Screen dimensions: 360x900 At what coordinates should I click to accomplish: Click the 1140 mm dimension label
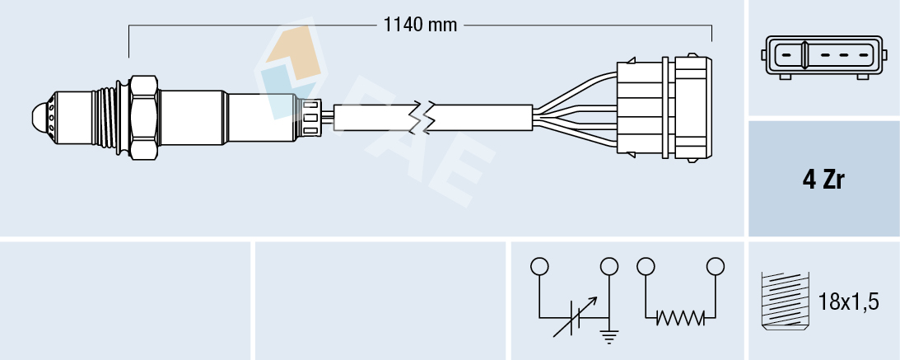(x=420, y=25)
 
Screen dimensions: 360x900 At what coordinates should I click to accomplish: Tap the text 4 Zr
(x=823, y=180)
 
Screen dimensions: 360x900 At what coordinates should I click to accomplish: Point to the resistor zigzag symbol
(x=680, y=317)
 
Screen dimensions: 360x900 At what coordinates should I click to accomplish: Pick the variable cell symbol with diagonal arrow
(x=571, y=318)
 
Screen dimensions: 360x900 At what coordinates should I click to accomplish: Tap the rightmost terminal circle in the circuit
(x=716, y=266)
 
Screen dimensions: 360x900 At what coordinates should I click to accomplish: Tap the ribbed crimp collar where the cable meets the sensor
(x=310, y=117)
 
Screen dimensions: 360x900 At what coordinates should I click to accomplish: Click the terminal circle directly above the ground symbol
(x=609, y=266)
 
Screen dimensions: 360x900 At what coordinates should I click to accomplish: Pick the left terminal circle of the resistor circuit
(x=646, y=266)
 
